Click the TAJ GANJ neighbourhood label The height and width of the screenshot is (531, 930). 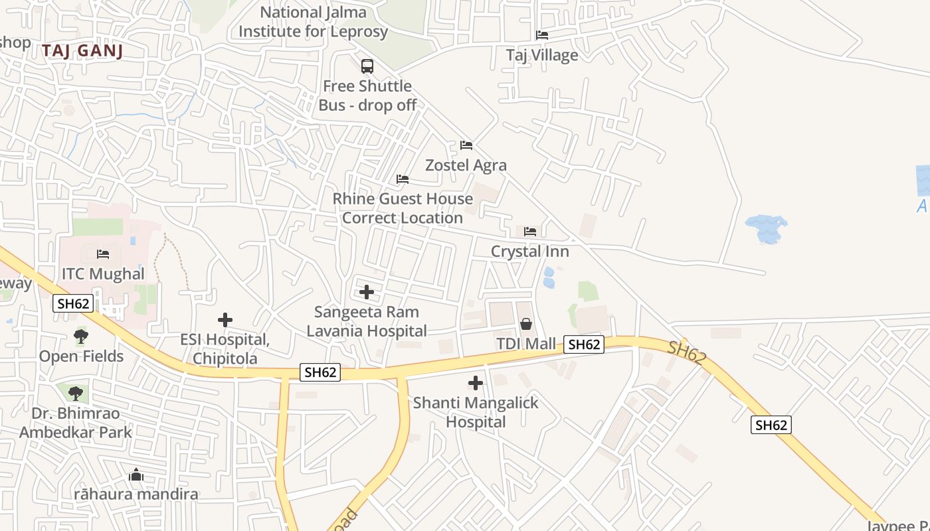click(x=82, y=50)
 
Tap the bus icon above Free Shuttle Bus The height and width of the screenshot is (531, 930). click(x=367, y=66)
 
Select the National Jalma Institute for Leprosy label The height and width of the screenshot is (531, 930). click(x=313, y=22)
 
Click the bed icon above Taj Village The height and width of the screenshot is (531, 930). click(x=542, y=35)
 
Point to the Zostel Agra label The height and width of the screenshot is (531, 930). click(x=466, y=165)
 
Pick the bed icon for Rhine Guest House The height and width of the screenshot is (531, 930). click(x=403, y=179)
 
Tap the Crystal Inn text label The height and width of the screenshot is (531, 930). click(x=529, y=252)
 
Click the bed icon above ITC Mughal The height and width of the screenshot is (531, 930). click(x=103, y=254)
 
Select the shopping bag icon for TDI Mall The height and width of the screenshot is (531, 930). click(x=526, y=324)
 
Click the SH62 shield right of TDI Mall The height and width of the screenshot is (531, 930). click(x=584, y=344)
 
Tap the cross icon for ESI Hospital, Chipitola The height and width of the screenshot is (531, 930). click(x=225, y=320)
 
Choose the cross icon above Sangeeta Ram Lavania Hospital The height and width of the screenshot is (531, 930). click(x=366, y=291)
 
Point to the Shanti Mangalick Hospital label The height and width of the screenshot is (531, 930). click(x=476, y=412)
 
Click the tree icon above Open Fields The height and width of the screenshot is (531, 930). click(x=81, y=337)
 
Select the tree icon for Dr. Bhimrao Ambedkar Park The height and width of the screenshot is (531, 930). click(x=76, y=393)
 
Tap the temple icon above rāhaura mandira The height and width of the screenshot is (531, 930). click(x=136, y=475)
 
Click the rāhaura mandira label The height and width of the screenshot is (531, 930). click(x=136, y=494)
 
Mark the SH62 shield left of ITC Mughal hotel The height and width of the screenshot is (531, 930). click(x=73, y=304)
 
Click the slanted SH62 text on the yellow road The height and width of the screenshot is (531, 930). click(x=687, y=352)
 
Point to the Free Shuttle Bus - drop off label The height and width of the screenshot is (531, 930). click(x=367, y=96)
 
